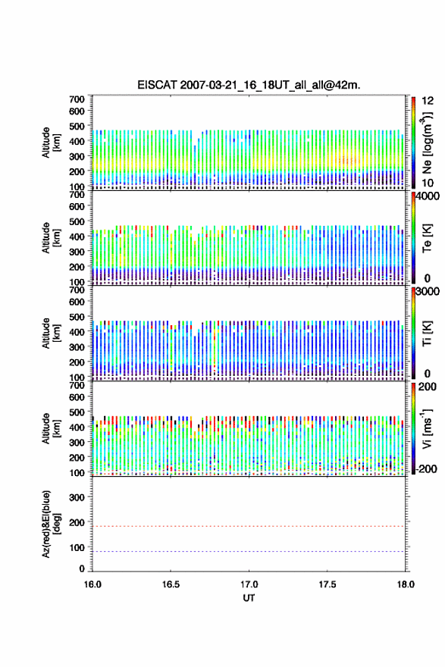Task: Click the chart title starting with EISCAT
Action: (249, 85)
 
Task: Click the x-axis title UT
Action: (249, 598)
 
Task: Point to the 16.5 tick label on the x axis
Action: (171, 584)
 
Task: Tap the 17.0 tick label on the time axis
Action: (249, 584)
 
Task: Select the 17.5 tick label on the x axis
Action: (327, 584)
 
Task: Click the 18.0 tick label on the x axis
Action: (406, 584)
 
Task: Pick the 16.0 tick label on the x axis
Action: (92, 584)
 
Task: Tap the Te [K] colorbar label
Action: (427, 238)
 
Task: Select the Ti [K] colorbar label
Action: (427, 333)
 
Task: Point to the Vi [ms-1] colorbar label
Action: (427, 428)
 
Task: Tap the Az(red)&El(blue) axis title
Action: (51, 524)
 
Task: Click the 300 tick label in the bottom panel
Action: (77, 497)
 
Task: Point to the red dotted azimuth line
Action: (249, 526)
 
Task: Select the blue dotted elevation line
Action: (249, 551)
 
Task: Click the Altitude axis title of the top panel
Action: (51, 142)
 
